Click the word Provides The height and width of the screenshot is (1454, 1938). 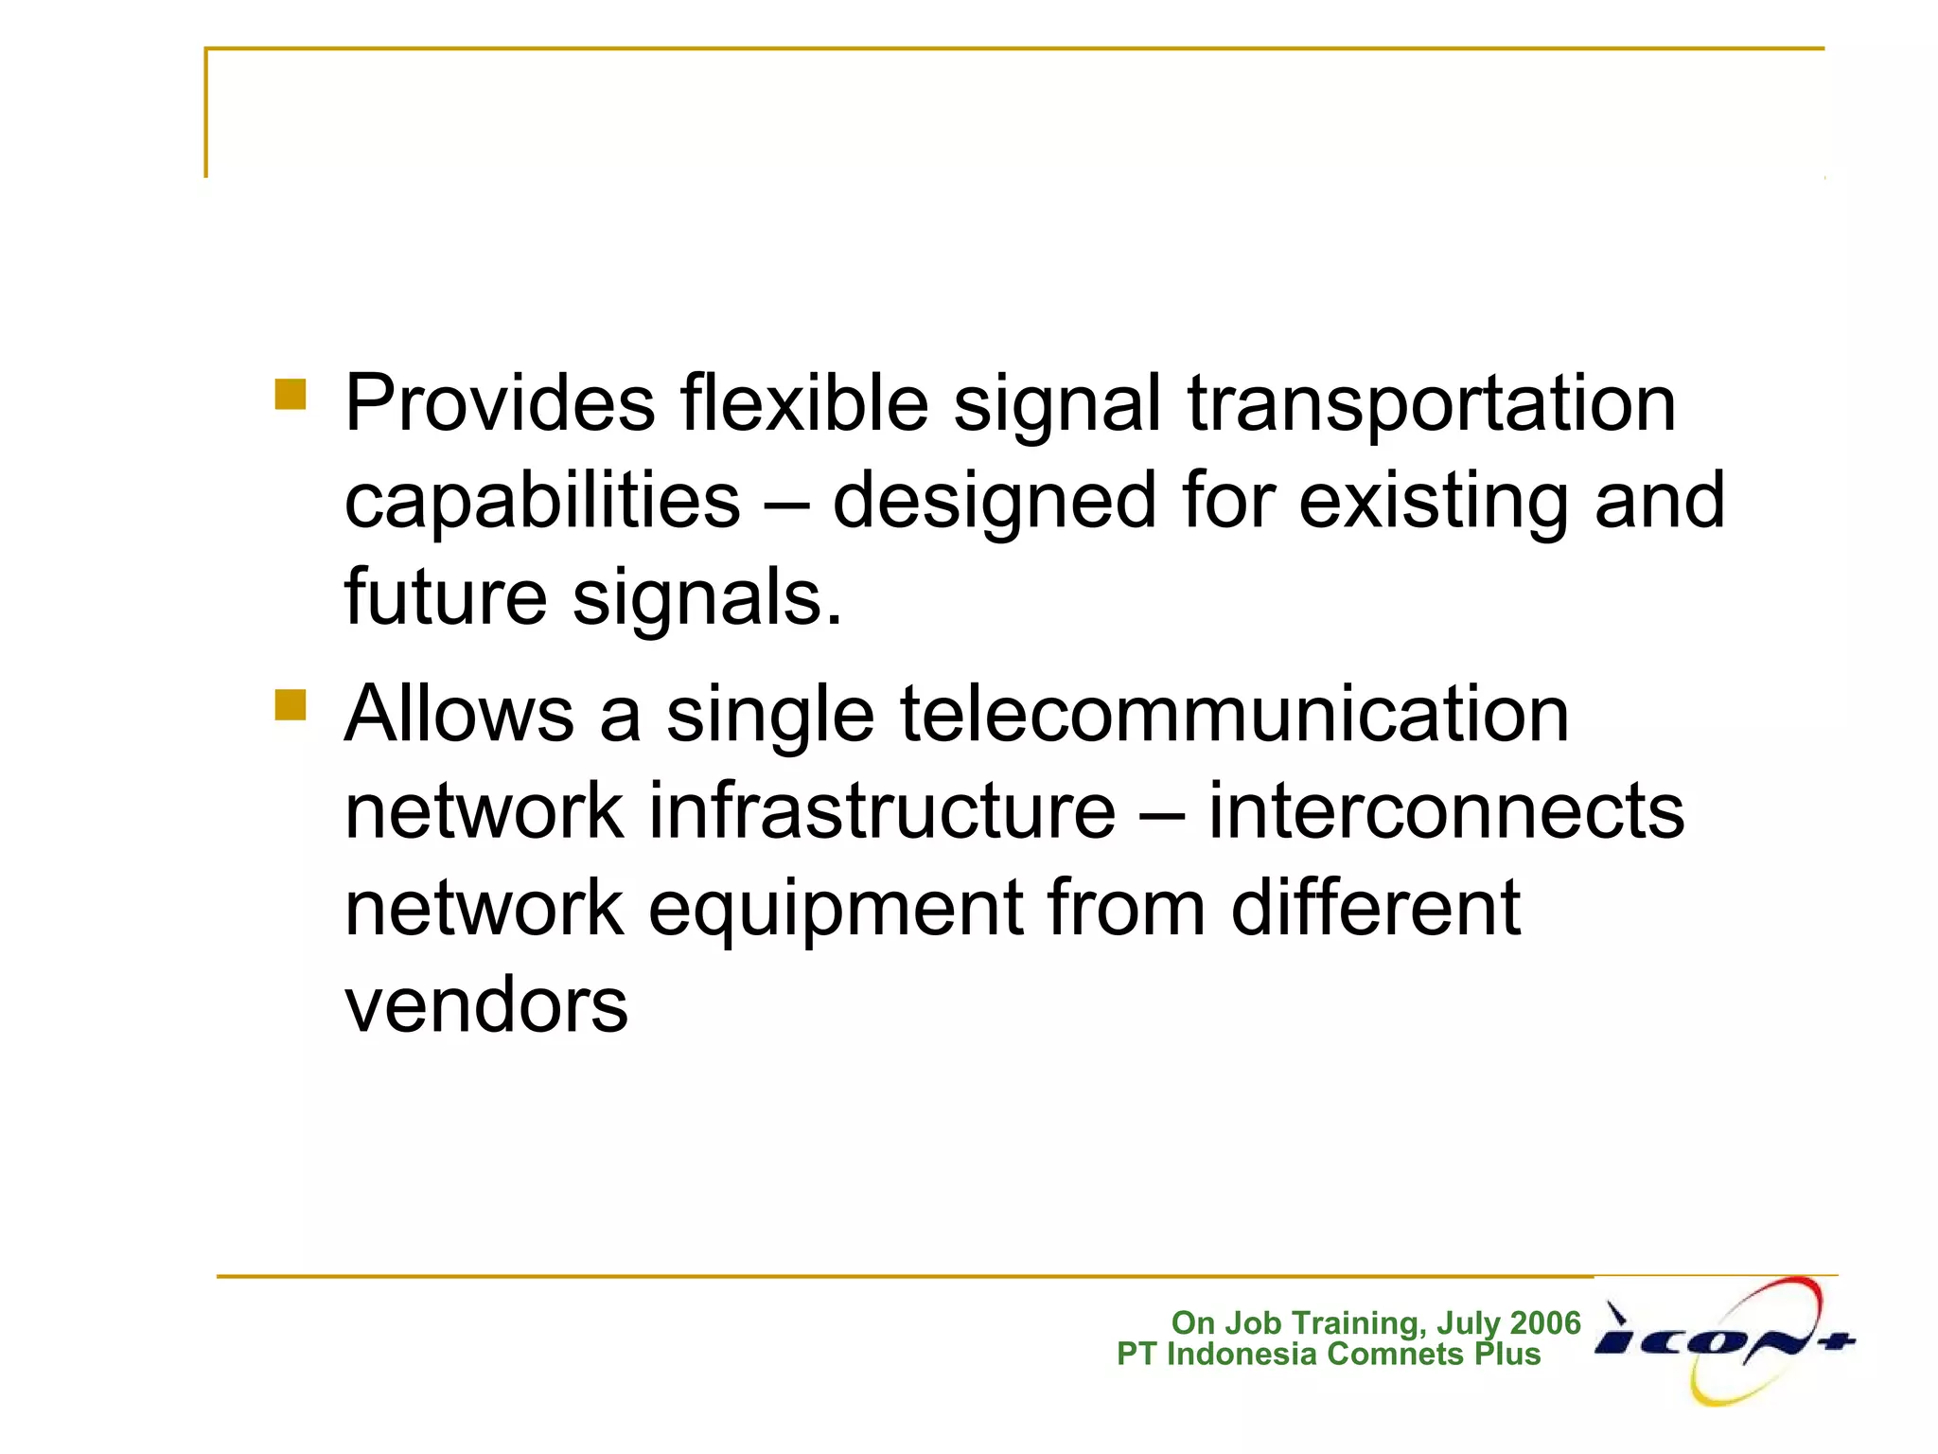[x=500, y=404]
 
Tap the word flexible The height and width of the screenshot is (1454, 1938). [x=803, y=404]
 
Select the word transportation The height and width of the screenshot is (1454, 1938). [x=1432, y=404]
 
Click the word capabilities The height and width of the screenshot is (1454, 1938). [x=541, y=502]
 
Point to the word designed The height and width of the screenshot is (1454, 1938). [x=994, y=502]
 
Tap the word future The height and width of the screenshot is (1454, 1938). [x=445, y=598]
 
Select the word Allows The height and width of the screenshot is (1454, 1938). [x=459, y=715]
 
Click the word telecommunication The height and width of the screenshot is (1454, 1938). [x=1234, y=715]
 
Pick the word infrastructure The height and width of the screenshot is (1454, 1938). [x=881, y=812]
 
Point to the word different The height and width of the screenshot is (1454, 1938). [x=1375, y=909]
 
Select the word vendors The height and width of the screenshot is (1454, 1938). [x=485, y=1006]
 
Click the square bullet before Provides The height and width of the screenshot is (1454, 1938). [x=291, y=394]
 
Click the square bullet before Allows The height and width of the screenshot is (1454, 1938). [x=291, y=704]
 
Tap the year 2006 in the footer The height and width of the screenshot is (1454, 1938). [x=1545, y=1322]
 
